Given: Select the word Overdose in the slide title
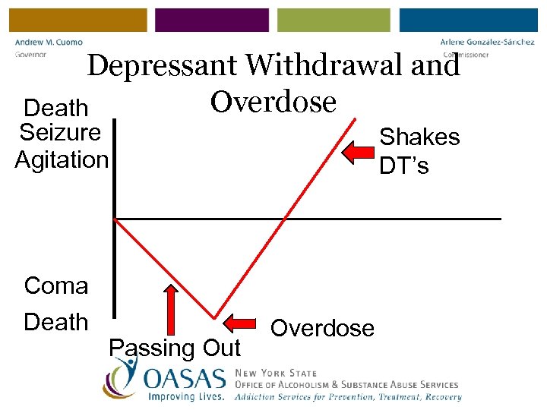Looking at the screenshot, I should [x=273, y=101].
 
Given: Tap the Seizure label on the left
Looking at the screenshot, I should [x=60, y=133].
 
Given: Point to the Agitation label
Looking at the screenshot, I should [x=62, y=160].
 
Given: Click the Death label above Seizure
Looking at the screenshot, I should [x=56, y=108].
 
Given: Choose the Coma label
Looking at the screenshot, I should [x=56, y=286].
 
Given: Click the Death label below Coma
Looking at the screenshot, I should [x=56, y=322].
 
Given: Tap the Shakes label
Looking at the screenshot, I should [x=419, y=137].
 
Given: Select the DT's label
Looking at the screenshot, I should [x=403, y=165].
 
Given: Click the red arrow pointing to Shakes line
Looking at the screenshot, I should [x=358, y=153].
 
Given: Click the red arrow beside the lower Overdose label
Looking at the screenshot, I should [x=245, y=322].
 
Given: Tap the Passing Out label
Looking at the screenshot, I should [x=175, y=348].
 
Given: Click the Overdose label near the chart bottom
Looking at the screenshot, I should [x=322, y=328].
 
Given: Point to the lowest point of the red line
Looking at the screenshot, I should [x=215, y=318].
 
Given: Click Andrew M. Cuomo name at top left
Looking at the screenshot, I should [x=49, y=43].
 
